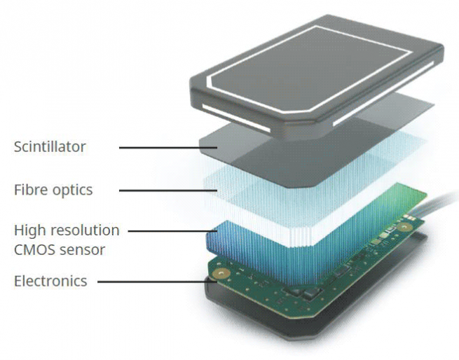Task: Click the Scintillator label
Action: click(50, 146)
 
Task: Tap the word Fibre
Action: click(31, 190)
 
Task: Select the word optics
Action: click(73, 191)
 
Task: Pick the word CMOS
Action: click(34, 250)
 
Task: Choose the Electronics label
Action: click(50, 282)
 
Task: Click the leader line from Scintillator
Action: click(168, 148)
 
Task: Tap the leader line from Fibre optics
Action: click(168, 191)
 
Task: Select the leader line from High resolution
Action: click(172, 231)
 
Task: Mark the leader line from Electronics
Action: click(157, 282)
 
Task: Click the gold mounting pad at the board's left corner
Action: click(221, 274)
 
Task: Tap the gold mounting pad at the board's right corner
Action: click(404, 226)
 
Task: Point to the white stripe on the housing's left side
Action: click(236, 118)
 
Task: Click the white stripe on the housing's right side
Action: click(383, 94)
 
